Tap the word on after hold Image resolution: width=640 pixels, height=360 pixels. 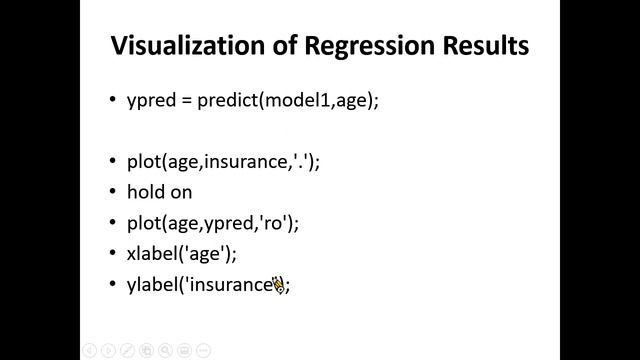point(180,191)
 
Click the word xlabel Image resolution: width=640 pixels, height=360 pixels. point(152,253)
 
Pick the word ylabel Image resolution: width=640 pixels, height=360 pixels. point(152,284)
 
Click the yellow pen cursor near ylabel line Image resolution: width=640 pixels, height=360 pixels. point(278,285)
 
